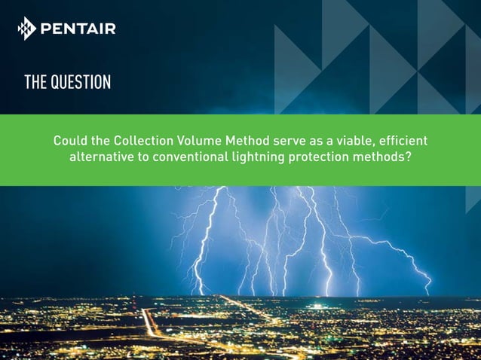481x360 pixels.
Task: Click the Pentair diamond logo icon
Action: click(x=26, y=28)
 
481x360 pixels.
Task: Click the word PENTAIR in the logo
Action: click(x=78, y=29)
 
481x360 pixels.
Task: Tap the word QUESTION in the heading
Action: click(x=81, y=82)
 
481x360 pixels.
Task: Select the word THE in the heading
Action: click(x=35, y=82)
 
